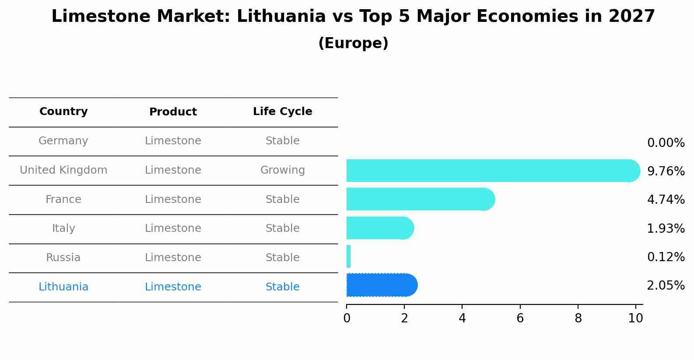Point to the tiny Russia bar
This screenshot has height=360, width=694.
(x=348, y=256)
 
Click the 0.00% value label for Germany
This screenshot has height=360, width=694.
(x=666, y=143)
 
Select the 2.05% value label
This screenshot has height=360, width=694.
(x=666, y=286)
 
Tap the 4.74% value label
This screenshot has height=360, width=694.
(x=666, y=200)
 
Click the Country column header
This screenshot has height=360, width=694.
(x=63, y=112)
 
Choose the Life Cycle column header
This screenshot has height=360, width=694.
(x=282, y=112)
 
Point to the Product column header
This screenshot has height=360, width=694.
(x=173, y=112)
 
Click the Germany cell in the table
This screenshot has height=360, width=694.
(x=63, y=141)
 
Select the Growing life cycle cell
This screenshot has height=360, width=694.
(x=282, y=170)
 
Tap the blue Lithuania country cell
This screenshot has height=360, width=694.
(x=63, y=287)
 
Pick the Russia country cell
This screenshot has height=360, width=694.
(x=63, y=258)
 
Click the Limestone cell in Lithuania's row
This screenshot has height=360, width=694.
(x=173, y=287)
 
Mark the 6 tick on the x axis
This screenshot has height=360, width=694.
(x=520, y=318)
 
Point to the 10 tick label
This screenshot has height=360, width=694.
(x=635, y=318)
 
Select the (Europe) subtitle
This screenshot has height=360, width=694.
(x=353, y=43)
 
